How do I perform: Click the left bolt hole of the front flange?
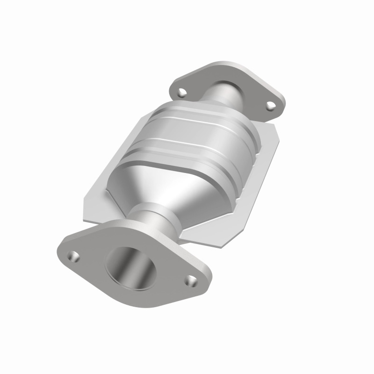[x=73, y=256]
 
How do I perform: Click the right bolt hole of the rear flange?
[x=271, y=106]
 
